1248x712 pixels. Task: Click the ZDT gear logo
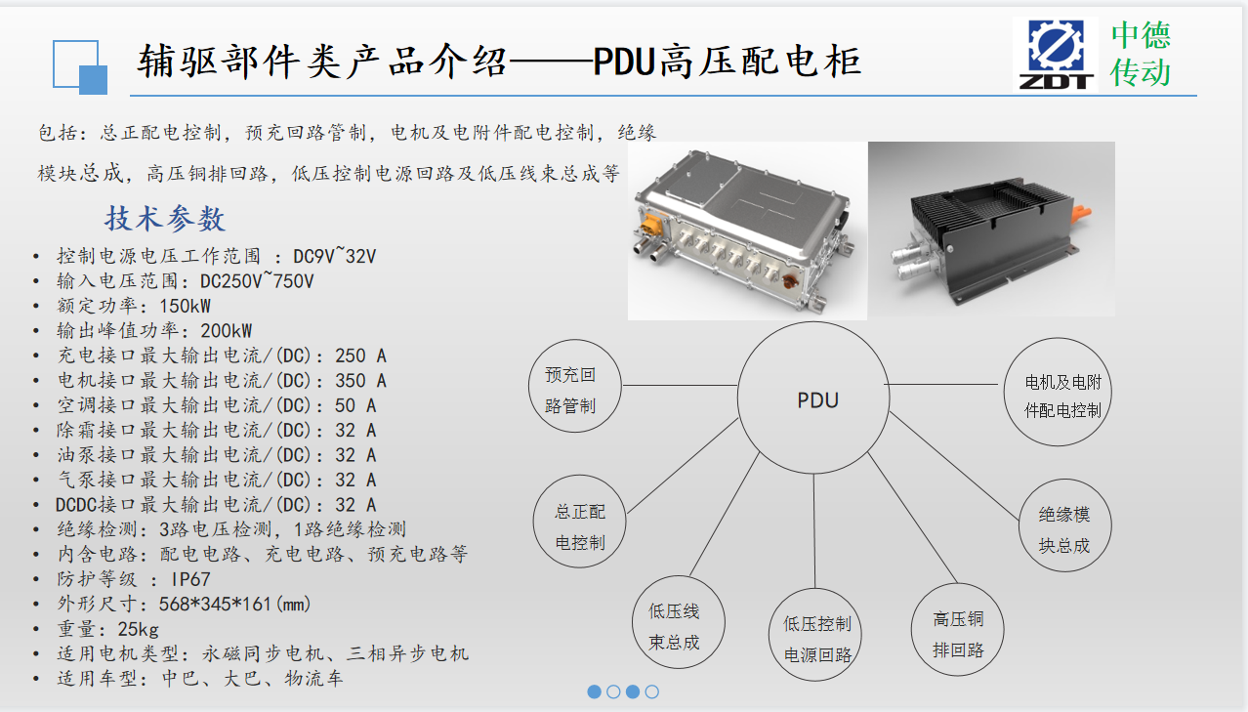tap(1056, 54)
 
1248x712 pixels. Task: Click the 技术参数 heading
tap(165, 219)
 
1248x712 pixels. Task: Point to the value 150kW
tap(185, 306)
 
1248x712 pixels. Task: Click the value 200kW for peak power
tap(227, 331)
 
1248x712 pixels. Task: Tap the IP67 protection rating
tap(190, 579)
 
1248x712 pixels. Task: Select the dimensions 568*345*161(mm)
tap(234, 604)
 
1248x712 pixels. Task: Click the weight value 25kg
tap(138, 629)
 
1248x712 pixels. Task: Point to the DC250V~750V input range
tap(257, 280)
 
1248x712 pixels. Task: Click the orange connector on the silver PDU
tap(649, 226)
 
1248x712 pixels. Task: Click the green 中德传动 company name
tap(1141, 54)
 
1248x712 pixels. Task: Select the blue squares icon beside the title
tap(80, 66)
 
